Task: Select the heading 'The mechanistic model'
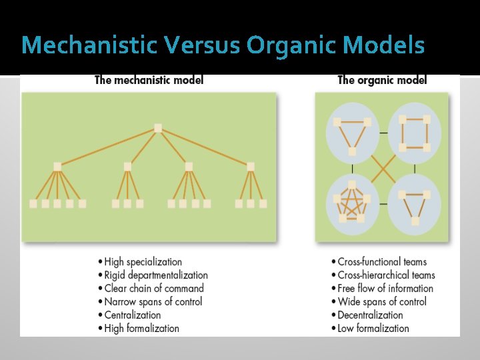pos(149,81)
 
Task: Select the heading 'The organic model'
pos(382,81)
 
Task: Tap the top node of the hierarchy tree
pos(158,128)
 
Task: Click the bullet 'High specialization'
pos(143,262)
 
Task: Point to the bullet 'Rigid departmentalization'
pos(156,275)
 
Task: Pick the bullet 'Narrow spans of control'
pos(153,302)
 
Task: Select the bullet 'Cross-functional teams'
pos(382,262)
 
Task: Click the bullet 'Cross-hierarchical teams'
pos(386,275)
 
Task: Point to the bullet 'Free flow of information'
pos(385,289)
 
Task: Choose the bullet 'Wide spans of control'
pos(382,302)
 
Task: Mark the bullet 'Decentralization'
pos(370,315)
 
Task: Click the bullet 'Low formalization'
pos(373,329)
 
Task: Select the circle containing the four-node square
pos(414,133)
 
